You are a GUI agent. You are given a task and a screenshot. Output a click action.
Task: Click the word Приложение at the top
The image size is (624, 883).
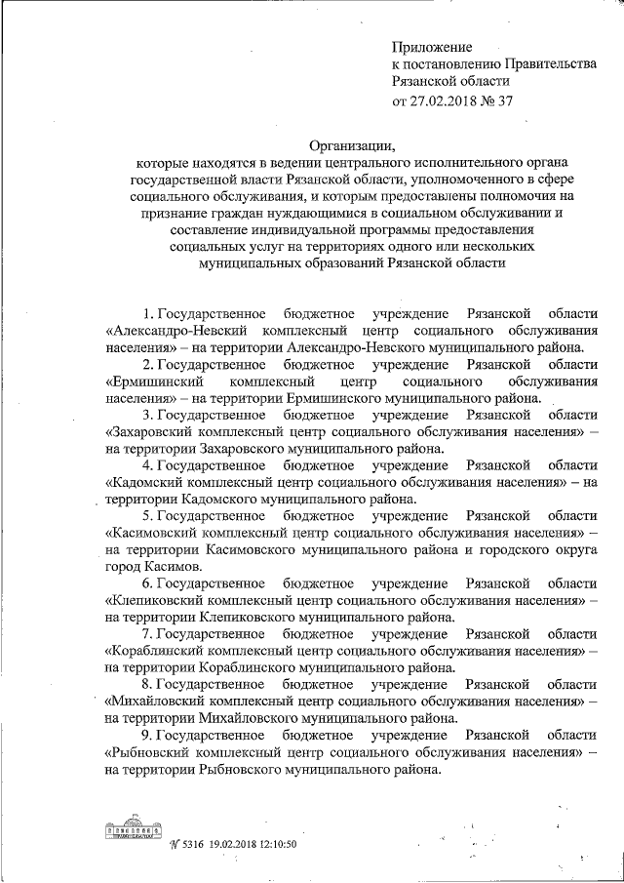pyautogui.click(x=432, y=46)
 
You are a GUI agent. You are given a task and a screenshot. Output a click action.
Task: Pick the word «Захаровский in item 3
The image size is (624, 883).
pyautogui.click(x=148, y=431)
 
